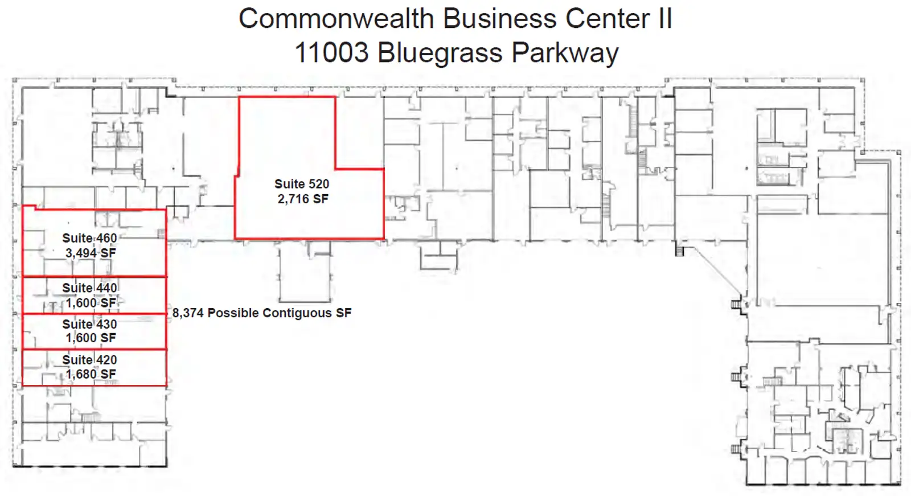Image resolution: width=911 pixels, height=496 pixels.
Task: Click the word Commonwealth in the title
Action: click(x=336, y=19)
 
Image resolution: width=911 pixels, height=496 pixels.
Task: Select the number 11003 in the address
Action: click(x=331, y=53)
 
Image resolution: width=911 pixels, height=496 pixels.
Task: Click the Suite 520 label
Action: click(x=302, y=184)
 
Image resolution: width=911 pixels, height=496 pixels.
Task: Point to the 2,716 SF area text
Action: click(x=303, y=199)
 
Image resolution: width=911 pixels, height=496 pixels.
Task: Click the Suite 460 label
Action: click(x=89, y=238)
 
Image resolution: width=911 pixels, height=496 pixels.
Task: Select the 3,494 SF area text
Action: click(x=91, y=253)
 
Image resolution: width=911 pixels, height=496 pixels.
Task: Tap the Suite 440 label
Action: click(x=89, y=288)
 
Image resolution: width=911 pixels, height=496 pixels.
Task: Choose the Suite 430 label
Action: click(x=89, y=324)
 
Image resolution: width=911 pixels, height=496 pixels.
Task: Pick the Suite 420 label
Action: click(x=89, y=360)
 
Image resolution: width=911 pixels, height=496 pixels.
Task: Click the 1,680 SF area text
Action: click(x=91, y=374)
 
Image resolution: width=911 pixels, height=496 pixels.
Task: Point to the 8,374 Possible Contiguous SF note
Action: click(x=262, y=313)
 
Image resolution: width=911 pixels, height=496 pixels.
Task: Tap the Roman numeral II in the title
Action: click(x=665, y=19)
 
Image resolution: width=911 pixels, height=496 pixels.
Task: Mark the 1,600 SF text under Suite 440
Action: click(x=91, y=303)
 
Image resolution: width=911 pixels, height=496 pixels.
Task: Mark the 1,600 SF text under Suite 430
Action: click(x=91, y=338)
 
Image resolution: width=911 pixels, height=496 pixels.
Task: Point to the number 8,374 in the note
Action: click(x=188, y=313)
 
